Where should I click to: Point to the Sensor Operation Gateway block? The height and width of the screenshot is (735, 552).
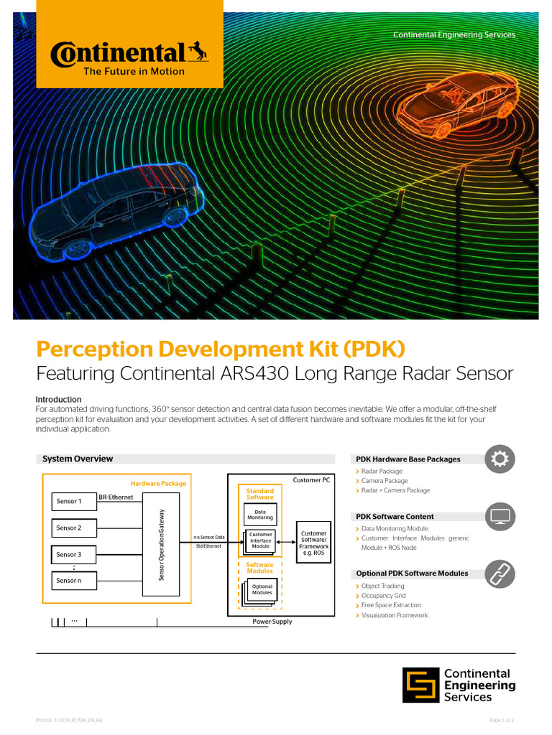coord(162,546)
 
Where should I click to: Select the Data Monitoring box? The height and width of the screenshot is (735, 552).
coord(260,515)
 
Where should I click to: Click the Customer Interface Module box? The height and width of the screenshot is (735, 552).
coord(260,540)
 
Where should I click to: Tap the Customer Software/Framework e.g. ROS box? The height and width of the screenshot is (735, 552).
coord(314,543)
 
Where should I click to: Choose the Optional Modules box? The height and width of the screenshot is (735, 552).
coord(262,590)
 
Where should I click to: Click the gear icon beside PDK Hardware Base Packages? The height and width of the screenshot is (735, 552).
coord(500,459)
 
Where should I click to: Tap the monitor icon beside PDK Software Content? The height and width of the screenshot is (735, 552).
coord(500,516)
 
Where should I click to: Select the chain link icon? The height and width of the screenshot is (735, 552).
coord(500,573)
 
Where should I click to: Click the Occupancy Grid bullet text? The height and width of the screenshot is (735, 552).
coord(383,596)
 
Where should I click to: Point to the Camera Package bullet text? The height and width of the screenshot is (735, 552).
coord(385,481)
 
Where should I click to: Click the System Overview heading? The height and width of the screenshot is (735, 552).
coord(78,459)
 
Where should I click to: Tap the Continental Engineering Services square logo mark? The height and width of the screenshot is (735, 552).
coord(420,685)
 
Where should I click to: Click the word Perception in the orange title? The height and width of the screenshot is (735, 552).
coord(96,350)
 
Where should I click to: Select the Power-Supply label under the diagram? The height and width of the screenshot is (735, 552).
coord(272,622)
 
